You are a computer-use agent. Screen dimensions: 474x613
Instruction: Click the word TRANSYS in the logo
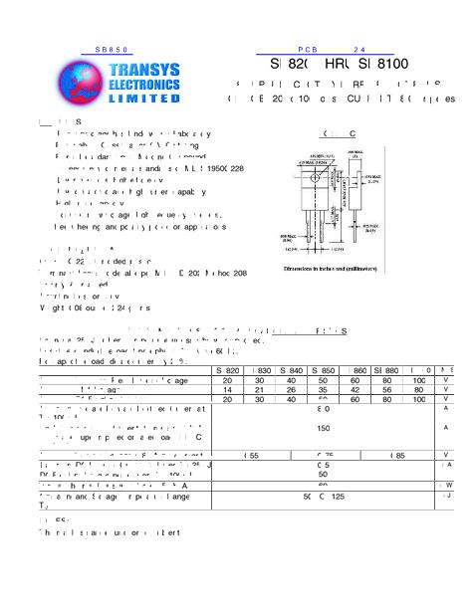pyautogui.click(x=146, y=70)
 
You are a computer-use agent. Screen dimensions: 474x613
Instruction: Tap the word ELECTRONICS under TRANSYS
pyautogui.click(x=146, y=85)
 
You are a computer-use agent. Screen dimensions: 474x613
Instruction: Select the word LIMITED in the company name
pyautogui.click(x=146, y=100)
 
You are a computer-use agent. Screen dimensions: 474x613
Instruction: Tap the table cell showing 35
pyautogui.click(x=323, y=389)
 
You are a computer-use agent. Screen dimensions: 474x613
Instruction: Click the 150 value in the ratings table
pyautogui.click(x=323, y=428)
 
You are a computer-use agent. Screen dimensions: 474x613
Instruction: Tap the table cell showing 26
pyautogui.click(x=291, y=389)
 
